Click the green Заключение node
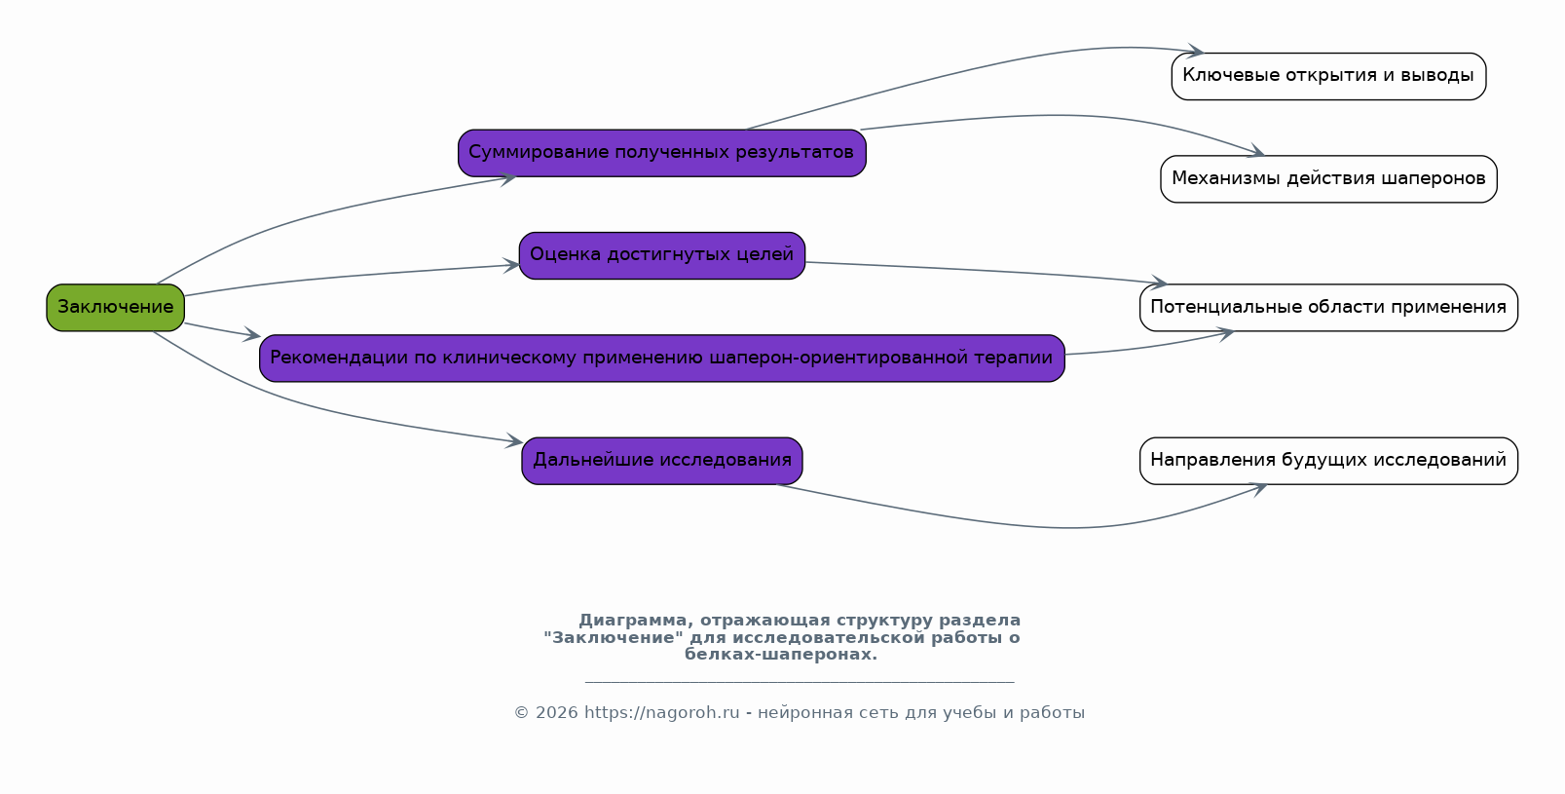click(x=115, y=308)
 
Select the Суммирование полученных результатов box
click(x=661, y=153)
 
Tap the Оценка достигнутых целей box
click(x=661, y=256)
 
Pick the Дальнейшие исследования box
click(x=661, y=462)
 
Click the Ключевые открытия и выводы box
click(x=1328, y=76)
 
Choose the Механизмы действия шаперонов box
click(x=1328, y=179)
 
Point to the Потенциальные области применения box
click(x=1328, y=308)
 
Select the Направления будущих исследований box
click(x=1328, y=462)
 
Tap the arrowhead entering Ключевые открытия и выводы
click(x=1196, y=51)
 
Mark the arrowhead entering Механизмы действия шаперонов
click(x=1256, y=151)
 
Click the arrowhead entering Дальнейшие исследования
click(x=514, y=440)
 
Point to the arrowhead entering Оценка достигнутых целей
click(x=511, y=266)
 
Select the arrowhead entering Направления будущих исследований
click(x=1258, y=488)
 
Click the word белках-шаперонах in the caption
click(x=780, y=655)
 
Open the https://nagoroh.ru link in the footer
click(x=661, y=713)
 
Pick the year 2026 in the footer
click(x=557, y=713)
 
